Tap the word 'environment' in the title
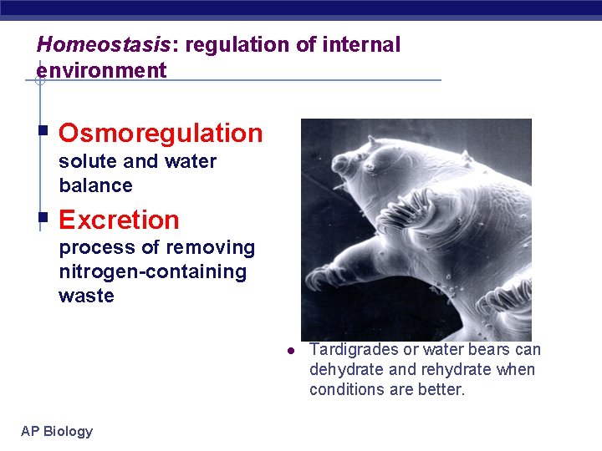(x=101, y=70)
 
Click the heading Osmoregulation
(x=161, y=133)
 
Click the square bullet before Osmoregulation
(x=43, y=131)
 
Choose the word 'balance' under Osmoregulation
(x=95, y=185)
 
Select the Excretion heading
(x=119, y=220)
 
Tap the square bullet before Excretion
(x=43, y=218)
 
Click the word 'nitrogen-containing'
(x=152, y=271)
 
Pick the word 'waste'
(x=86, y=296)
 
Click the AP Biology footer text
(x=57, y=431)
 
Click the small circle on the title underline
(x=39, y=81)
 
